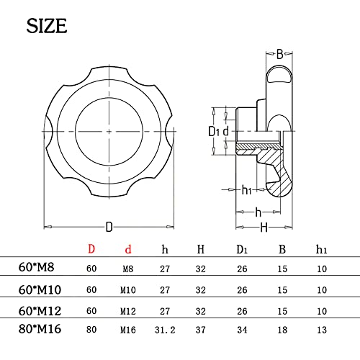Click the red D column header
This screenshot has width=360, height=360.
pyautogui.click(x=91, y=249)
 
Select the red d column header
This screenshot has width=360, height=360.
pyautogui.click(x=129, y=249)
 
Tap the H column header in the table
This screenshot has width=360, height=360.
pyautogui.click(x=200, y=249)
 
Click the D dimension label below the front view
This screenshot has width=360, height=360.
pyautogui.click(x=109, y=228)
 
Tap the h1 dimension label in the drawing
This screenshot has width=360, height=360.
pyautogui.click(x=246, y=190)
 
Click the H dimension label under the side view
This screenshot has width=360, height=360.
pyautogui.click(x=264, y=228)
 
